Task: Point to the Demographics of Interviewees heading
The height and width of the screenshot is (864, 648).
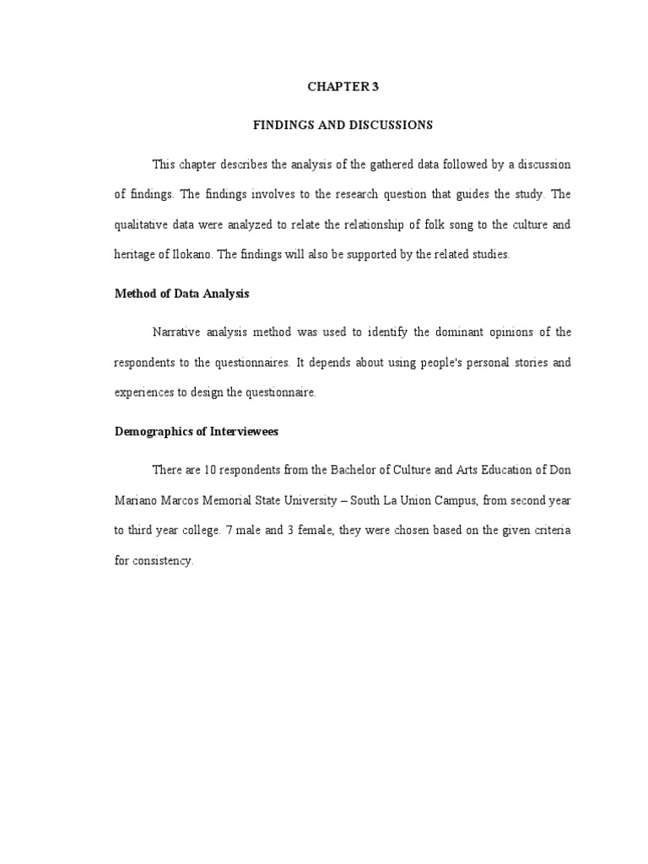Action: coord(197,431)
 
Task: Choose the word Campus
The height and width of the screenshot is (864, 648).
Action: coord(456,500)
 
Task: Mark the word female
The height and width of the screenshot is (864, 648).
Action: coord(309,531)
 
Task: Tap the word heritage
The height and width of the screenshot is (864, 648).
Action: coord(136,255)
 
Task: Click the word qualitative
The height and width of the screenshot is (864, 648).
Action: coord(142,224)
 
